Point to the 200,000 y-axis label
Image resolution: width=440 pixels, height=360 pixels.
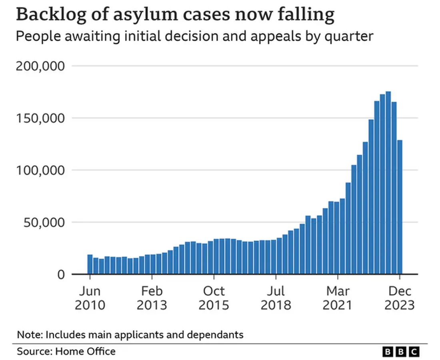tap(40, 66)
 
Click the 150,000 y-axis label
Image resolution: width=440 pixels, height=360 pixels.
tap(40, 118)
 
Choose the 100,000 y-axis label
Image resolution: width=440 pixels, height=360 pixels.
tap(40, 170)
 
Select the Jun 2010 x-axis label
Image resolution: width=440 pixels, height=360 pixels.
tap(90, 298)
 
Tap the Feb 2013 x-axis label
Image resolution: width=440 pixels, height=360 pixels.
tap(152, 298)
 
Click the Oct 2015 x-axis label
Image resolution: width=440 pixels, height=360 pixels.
tap(214, 298)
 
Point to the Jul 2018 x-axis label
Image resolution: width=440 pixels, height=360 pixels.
tap(276, 298)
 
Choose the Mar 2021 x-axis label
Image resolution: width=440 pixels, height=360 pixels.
tap(338, 298)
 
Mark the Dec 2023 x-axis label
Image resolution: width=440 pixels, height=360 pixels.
tap(400, 298)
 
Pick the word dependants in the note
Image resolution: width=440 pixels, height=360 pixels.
tap(216, 334)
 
